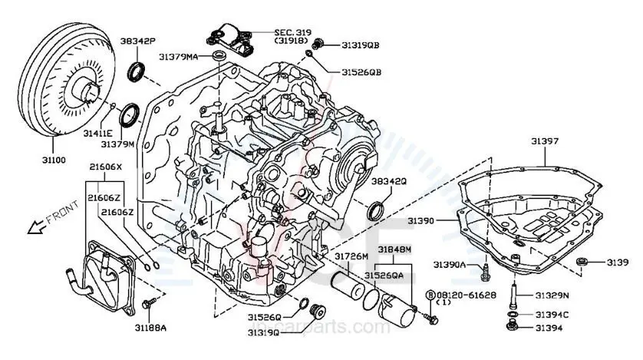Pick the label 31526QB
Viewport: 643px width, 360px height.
click(361, 72)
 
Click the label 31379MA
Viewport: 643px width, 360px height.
click(179, 57)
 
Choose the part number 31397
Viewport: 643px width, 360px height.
click(546, 140)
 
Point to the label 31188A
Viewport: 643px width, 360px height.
click(150, 328)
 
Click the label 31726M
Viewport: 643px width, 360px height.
click(350, 254)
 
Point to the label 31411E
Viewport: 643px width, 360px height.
click(98, 133)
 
